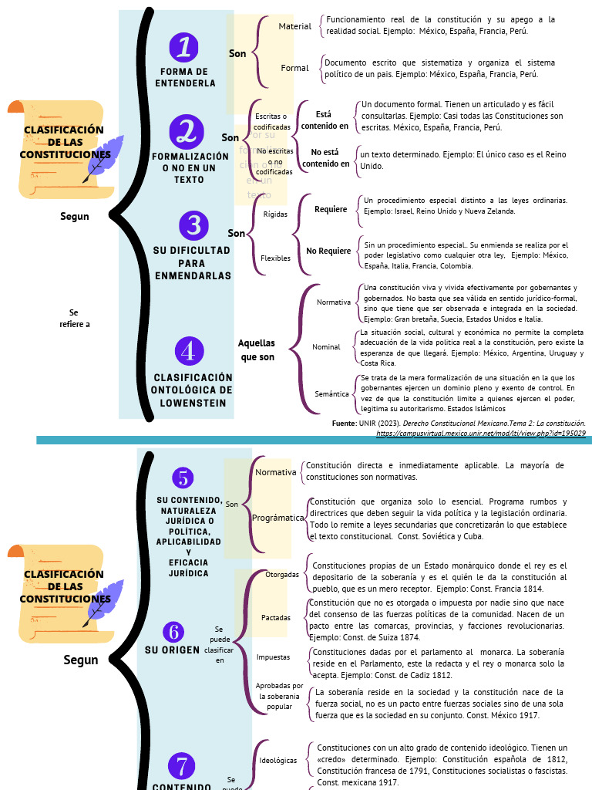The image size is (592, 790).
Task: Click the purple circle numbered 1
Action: (x=184, y=47)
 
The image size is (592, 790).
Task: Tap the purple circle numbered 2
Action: (x=186, y=130)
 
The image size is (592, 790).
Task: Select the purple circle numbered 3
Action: (x=193, y=225)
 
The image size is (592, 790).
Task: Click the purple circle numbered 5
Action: (x=183, y=478)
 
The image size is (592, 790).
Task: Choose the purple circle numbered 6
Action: (x=174, y=631)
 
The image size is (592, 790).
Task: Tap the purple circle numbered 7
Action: (x=182, y=766)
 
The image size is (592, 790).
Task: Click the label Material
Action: (x=295, y=26)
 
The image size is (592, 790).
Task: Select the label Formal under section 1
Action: (x=294, y=68)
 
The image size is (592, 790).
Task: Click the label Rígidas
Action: (x=275, y=214)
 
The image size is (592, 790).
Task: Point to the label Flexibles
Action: (x=275, y=258)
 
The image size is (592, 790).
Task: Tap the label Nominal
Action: (x=326, y=347)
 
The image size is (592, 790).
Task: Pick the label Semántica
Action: (x=331, y=393)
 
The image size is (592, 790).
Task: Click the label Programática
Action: (x=278, y=518)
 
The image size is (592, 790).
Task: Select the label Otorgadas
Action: (x=282, y=575)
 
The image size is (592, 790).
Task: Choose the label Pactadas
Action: (x=276, y=617)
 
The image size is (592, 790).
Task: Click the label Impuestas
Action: (x=274, y=657)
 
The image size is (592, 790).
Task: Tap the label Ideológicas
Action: (x=278, y=760)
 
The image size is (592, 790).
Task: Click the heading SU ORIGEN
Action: (x=172, y=650)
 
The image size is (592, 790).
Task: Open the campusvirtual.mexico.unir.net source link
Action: (x=481, y=434)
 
